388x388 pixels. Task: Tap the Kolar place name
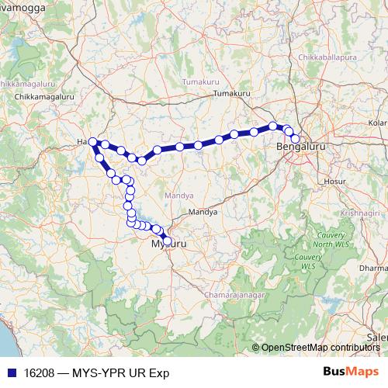377,123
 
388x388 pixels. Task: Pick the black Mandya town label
203,211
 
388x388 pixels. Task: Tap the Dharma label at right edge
376,268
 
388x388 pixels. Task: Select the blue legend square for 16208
9,371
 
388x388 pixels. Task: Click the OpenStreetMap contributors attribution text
320,348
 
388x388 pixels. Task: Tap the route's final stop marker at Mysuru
167,241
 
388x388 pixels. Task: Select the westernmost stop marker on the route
92,142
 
